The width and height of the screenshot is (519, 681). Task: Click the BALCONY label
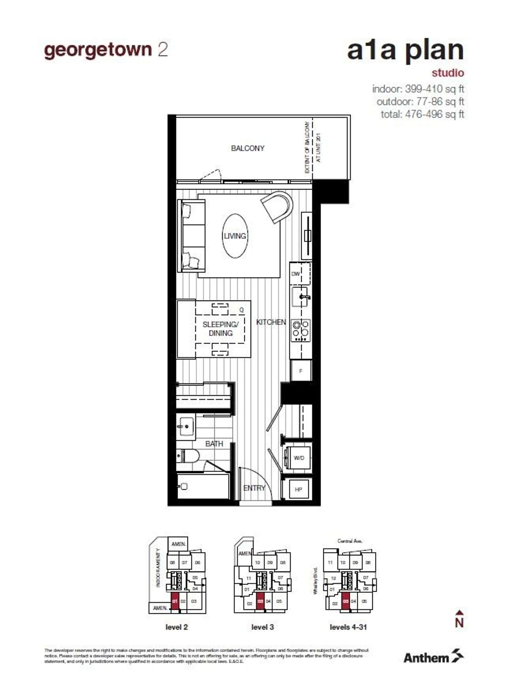click(247, 148)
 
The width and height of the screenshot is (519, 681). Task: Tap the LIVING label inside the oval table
click(235, 236)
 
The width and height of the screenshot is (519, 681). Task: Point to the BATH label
click(214, 444)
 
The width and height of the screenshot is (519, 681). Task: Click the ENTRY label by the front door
click(254, 488)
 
